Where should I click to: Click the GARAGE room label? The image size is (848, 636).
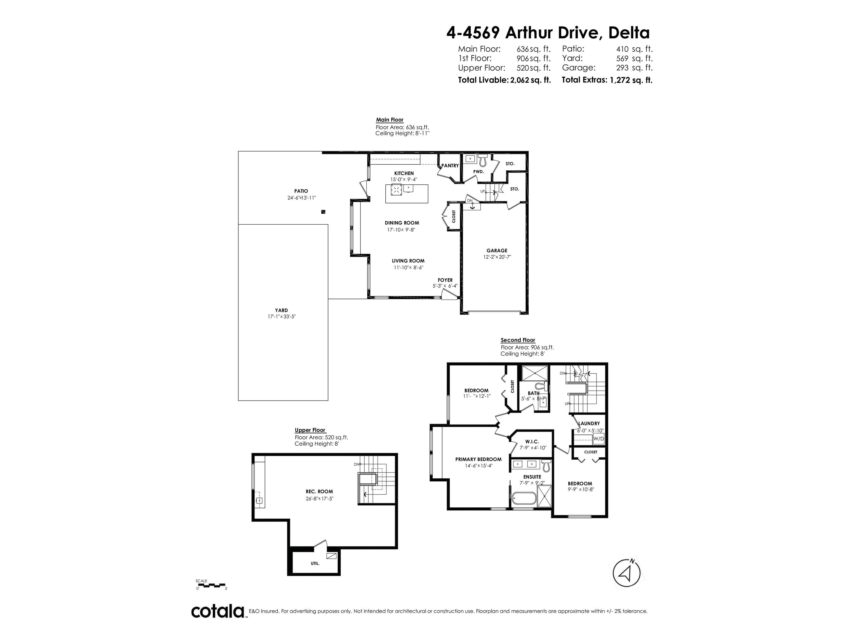[x=497, y=251]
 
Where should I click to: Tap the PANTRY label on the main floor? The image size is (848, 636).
[x=450, y=166]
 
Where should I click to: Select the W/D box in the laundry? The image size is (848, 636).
[x=598, y=439]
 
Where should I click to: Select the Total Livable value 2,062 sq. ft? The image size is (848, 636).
[x=530, y=80]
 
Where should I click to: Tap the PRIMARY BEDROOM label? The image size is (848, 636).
[x=478, y=459]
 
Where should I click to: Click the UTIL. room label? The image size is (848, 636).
[x=315, y=564]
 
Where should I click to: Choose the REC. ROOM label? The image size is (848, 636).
[x=319, y=491]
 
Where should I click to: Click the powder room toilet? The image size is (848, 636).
[x=483, y=159]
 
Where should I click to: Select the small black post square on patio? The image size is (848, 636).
[x=323, y=212]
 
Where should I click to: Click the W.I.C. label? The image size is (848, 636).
[x=532, y=442]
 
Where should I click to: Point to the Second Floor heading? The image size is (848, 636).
[x=518, y=340]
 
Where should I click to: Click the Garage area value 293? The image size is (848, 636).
[x=622, y=68]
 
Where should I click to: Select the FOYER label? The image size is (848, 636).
[x=445, y=280]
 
